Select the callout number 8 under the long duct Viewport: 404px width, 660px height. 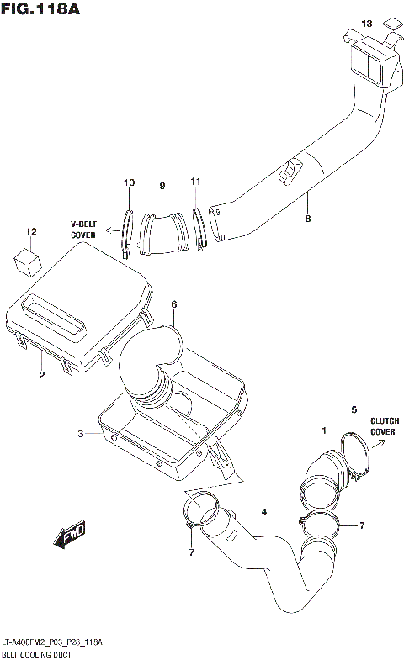coord(308,219)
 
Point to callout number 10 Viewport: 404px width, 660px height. coord(129,183)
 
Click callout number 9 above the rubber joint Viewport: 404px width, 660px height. coord(162,186)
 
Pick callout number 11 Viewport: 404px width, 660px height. coord(195,182)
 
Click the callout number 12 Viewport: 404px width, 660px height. coord(31,231)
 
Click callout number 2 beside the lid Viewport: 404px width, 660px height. coord(41,375)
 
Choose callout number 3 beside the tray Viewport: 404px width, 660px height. coord(81,434)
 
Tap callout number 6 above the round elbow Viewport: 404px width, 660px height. coord(173,304)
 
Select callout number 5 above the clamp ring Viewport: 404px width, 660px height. coord(353,409)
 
